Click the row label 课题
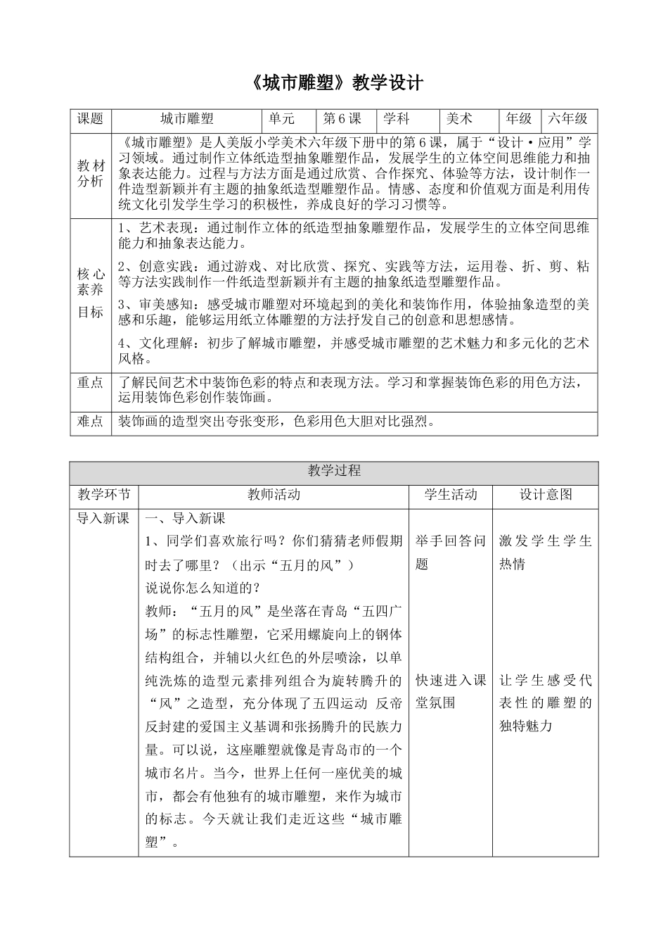[90, 119]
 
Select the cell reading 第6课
[342, 119]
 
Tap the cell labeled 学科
[397, 119]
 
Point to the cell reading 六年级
[568, 119]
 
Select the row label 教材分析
[90, 173]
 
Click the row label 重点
[90, 382]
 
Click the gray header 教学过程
[334, 471]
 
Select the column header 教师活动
[274, 494]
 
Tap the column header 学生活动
[450, 494]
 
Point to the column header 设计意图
[545, 494]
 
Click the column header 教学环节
[103, 494]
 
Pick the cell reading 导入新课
[103, 519]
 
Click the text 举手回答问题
[450, 553]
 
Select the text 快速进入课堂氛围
[450, 691]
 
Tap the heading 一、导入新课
[185, 519]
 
